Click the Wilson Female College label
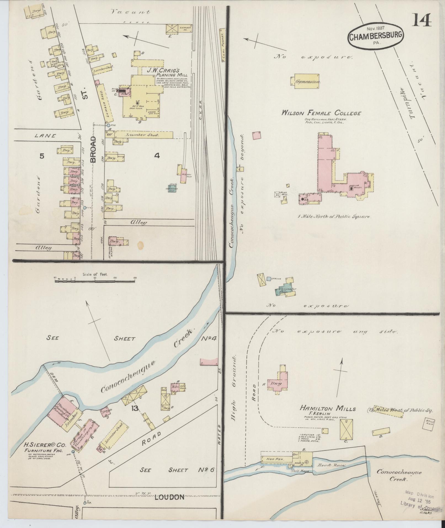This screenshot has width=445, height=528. (321, 113)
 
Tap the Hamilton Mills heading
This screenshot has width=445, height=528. (328, 409)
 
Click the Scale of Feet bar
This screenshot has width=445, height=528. (95, 281)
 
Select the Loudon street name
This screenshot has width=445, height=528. (169, 497)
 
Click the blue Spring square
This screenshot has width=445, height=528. (268, 278)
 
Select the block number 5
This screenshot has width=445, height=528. (42, 156)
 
